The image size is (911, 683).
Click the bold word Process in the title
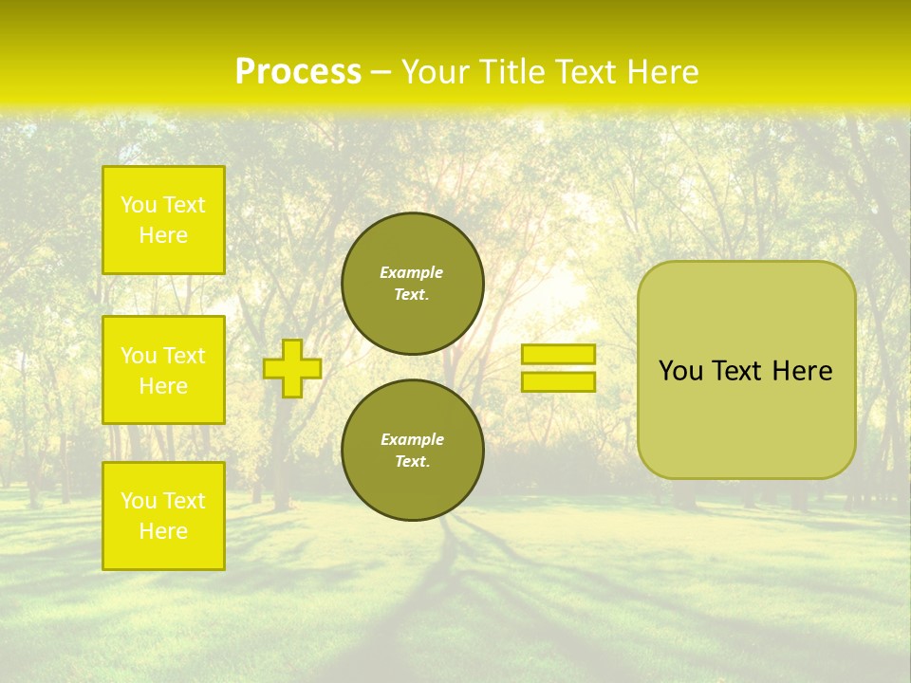298,72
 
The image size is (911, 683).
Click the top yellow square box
163,220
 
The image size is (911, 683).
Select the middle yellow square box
163,370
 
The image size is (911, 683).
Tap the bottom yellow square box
163,516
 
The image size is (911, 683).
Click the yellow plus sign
292,368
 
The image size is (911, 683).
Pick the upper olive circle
413,283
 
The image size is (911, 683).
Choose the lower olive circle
413,450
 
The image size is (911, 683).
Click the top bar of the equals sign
558,354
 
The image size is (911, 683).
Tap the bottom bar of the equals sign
558,381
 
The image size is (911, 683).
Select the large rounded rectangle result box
746,370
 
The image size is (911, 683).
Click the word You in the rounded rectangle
681,371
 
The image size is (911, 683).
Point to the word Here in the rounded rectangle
802,371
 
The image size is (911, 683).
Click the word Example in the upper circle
412,272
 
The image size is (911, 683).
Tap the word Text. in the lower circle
412,461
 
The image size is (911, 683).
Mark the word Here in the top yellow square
163,235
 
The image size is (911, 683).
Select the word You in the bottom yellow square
139,501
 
